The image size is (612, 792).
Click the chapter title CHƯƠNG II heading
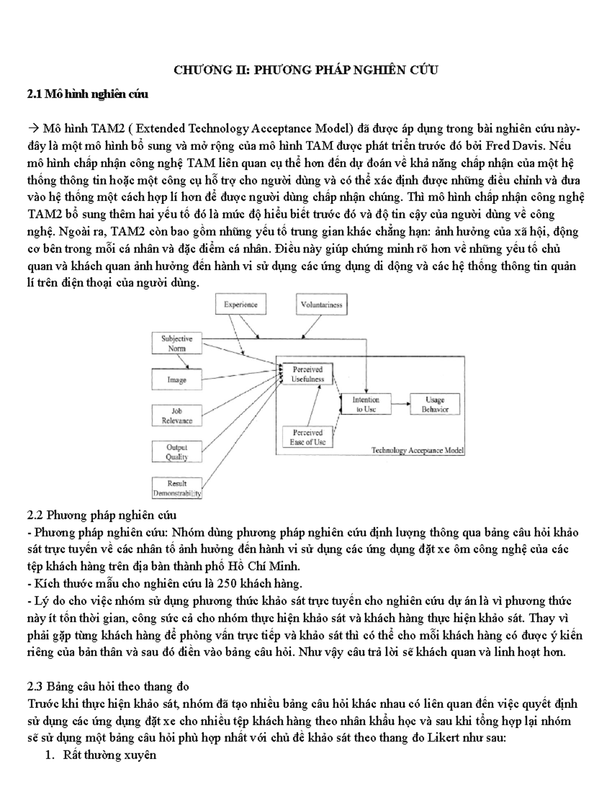pyautogui.click(x=305, y=70)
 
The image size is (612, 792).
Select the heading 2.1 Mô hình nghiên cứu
pyautogui.click(x=88, y=94)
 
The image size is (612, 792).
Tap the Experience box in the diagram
pyautogui.click(x=241, y=305)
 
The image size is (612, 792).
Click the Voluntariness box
pyautogui.click(x=321, y=305)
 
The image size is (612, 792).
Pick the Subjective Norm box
pyautogui.click(x=177, y=343)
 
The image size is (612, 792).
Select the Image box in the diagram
pyautogui.click(x=177, y=380)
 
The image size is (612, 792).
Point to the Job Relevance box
pyautogui.click(x=177, y=416)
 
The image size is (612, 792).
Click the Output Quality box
pyautogui.click(x=177, y=452)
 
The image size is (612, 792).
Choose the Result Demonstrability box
pyautogui.click(x=177, y=488)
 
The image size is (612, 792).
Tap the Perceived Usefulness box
pyautogui.click(x=307, y=374)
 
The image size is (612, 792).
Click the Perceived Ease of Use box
pyautogui.click(x=307, y=437)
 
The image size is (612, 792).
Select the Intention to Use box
pyautogui.click(x=366, y=404)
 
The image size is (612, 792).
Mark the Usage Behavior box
pyautogui.click(x=435, y=404)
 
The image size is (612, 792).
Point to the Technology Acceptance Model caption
pyautogui.click(x=417, y=450)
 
